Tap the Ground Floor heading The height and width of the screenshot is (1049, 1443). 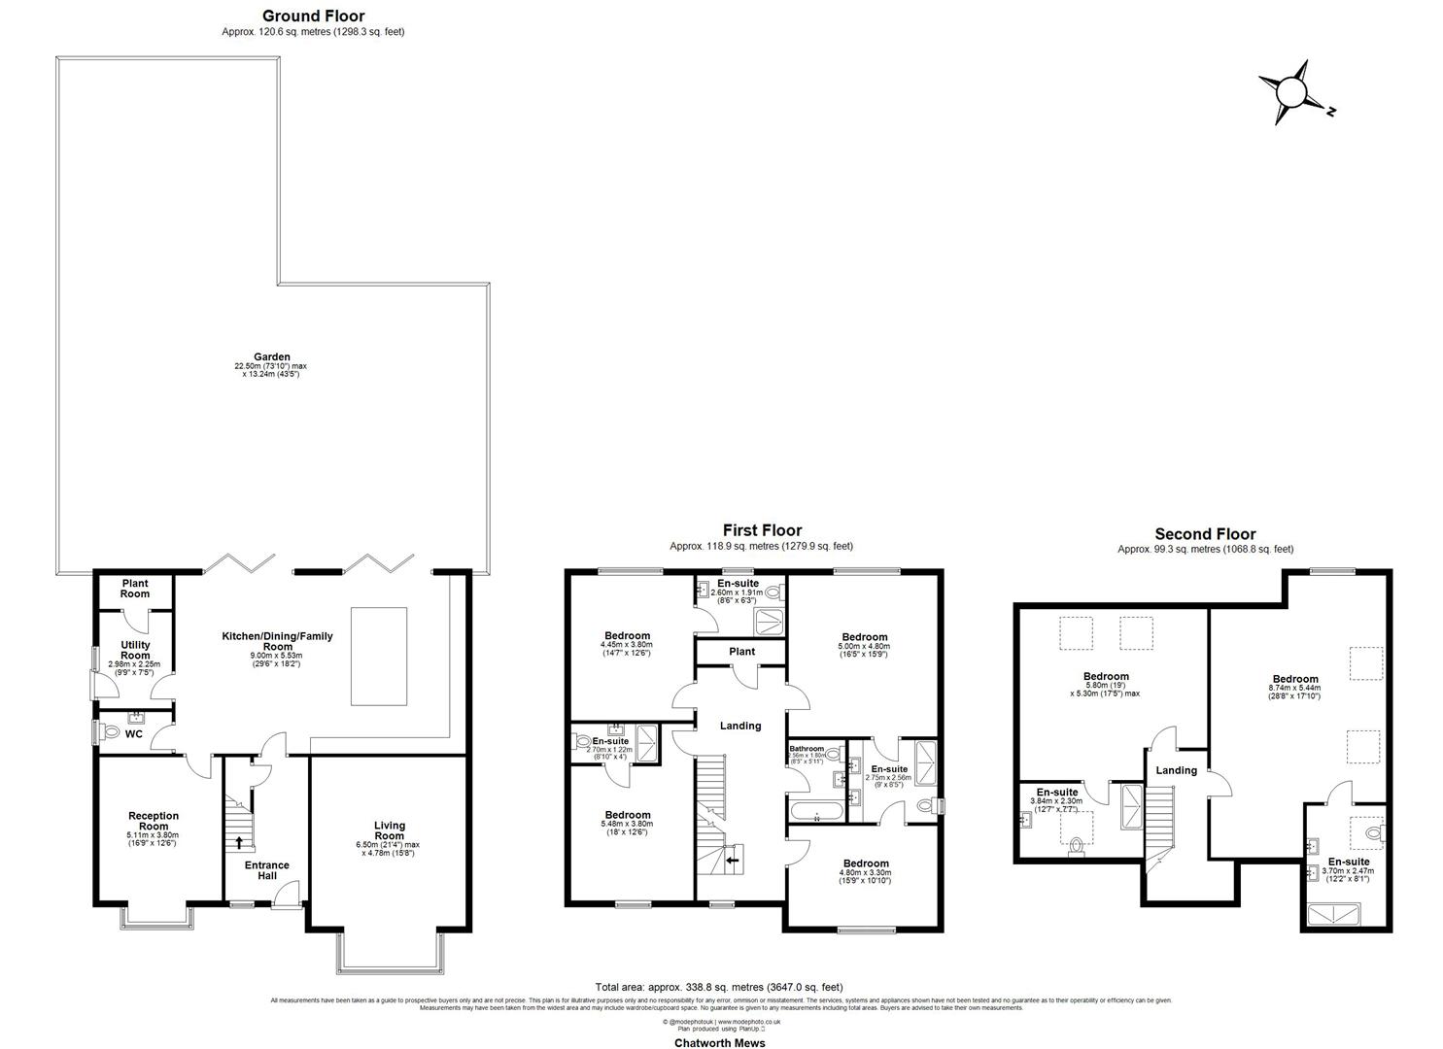313,16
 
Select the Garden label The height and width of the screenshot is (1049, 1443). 270,356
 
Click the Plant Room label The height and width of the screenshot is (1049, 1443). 135,589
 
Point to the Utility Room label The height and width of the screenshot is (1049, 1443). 135,650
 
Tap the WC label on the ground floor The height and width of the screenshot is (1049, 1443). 134,734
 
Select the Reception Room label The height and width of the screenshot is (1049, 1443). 154,821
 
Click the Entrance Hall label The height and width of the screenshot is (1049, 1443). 266,870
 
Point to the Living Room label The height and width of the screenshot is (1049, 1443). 389,830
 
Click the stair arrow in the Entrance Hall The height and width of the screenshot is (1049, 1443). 239,842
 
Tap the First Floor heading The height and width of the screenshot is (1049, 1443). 762,530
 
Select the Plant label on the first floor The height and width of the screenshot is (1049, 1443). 741,652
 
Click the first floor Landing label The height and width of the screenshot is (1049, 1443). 739,726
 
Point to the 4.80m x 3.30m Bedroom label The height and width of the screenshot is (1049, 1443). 865,863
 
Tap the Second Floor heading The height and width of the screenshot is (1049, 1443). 1204,534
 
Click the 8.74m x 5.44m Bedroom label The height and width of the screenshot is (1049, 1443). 1295,680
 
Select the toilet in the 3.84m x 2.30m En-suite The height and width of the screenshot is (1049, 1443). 1076,848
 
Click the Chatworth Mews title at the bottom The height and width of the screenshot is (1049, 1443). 720,1043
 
